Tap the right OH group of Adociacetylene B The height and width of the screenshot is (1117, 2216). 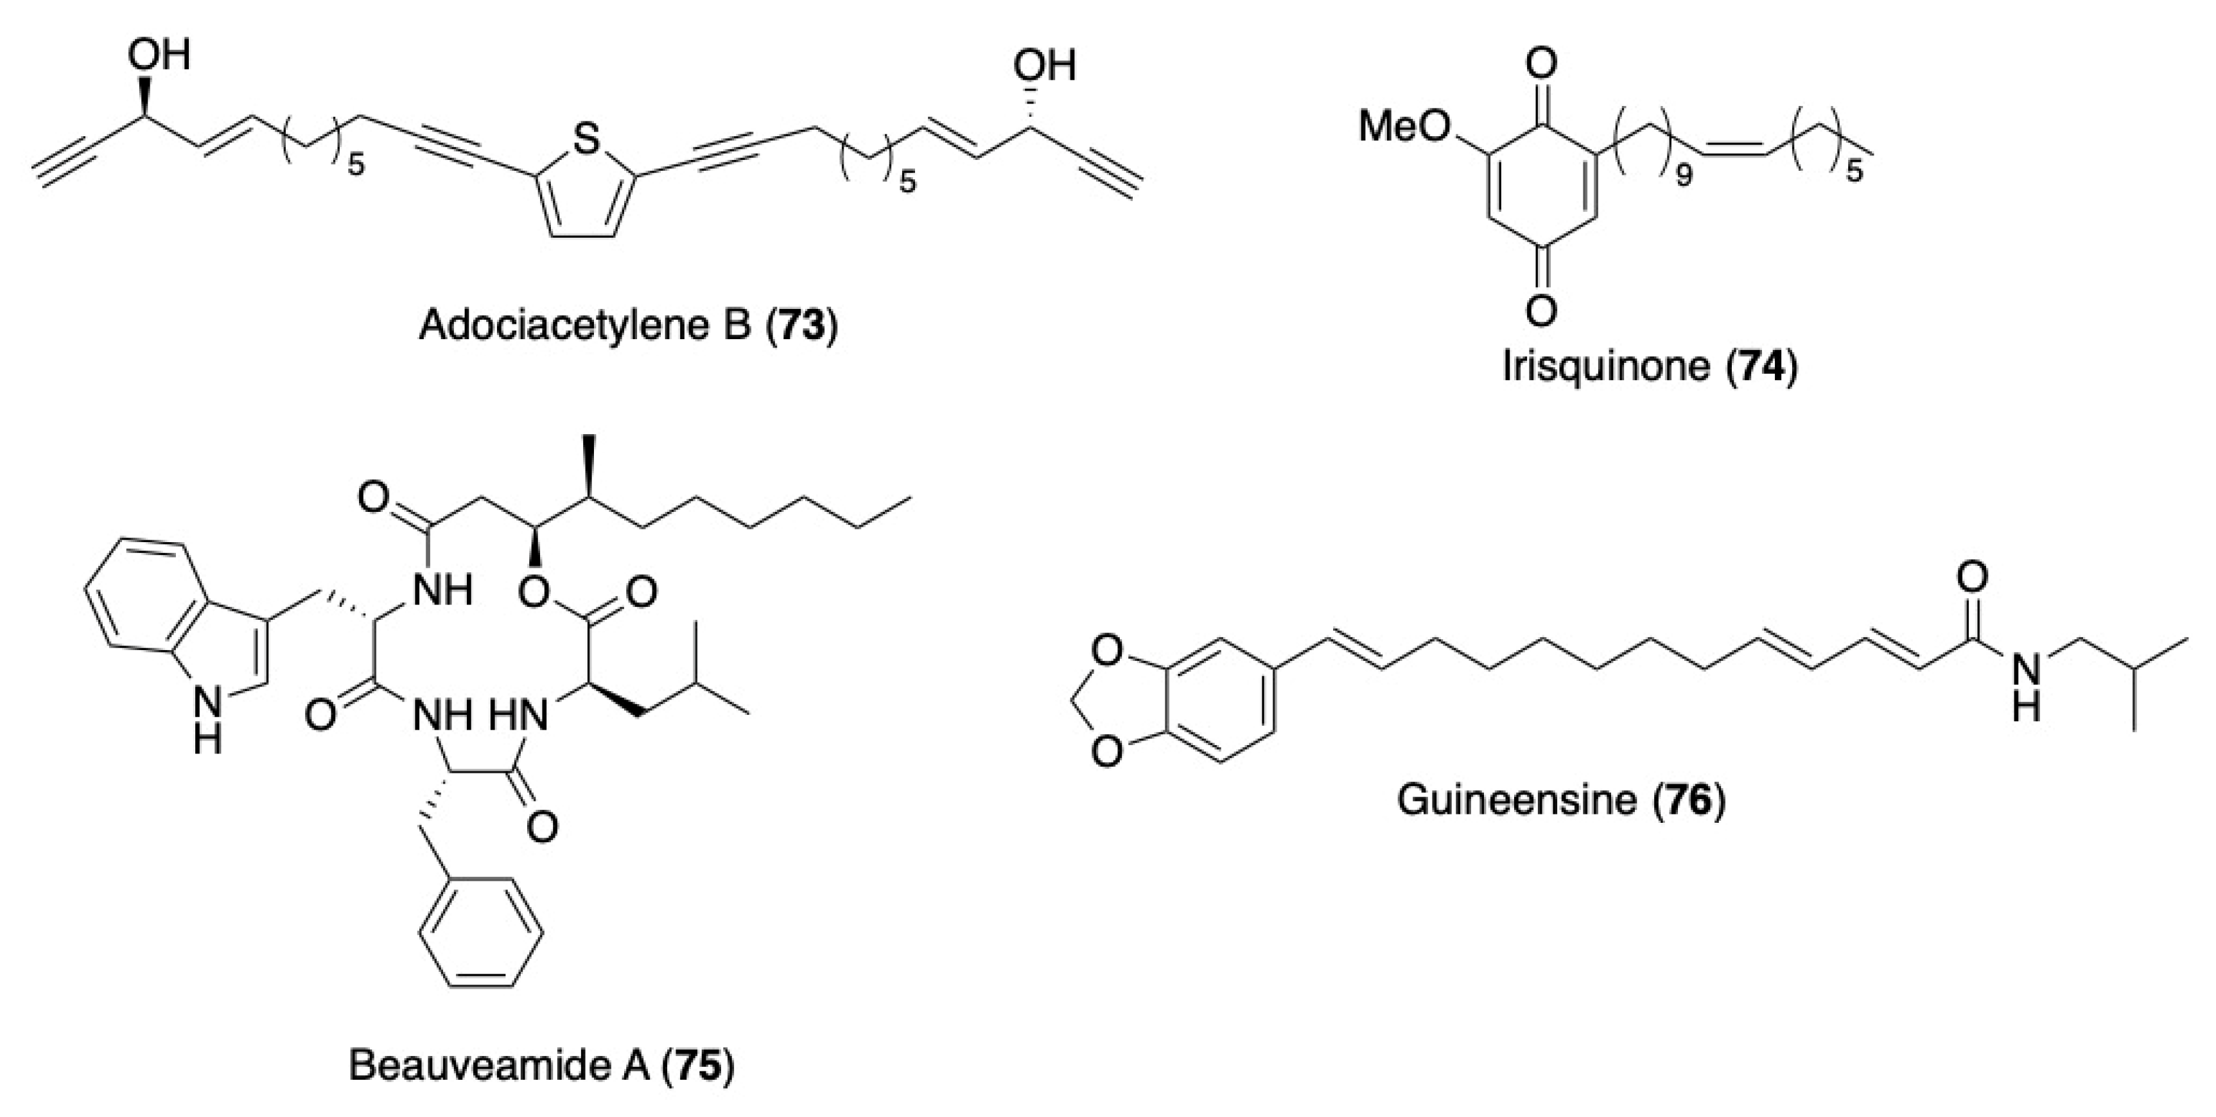point(1044,66)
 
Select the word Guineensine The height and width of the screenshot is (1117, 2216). point(1517,800)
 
